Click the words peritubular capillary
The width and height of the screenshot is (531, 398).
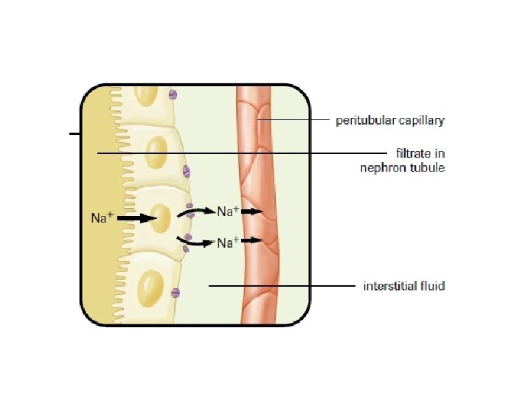390,119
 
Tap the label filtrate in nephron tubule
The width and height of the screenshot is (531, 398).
403,160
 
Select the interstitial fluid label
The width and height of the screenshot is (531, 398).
404,285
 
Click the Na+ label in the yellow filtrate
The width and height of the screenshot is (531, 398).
102,217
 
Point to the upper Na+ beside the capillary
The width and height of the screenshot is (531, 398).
227,212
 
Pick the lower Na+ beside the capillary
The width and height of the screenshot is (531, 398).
227,241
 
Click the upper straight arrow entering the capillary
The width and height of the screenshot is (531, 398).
252,212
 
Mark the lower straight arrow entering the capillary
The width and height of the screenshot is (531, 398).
252,240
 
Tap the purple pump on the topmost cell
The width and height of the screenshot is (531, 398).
173,94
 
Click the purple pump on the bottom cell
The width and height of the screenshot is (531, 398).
176,293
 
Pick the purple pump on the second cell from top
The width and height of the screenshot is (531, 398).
187,172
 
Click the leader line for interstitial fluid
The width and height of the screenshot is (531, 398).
280,285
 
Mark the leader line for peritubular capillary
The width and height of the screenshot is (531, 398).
292,119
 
